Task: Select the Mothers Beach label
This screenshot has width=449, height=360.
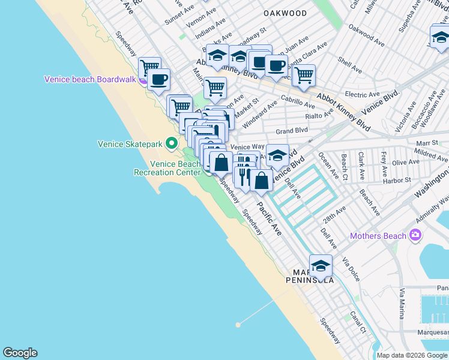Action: tap(378, 236)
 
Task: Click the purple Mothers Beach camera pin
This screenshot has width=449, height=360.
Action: tap(414, 235)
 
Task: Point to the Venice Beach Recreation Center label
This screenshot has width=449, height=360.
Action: tap(167, 168)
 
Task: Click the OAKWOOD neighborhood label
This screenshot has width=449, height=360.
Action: tap(285, 13)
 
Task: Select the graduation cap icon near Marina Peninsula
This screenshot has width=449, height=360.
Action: tap(321, 266)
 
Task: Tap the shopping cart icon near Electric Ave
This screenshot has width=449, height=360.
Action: tap(304, 74)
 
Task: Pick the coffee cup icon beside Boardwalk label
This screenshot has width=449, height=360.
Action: tap(159, 80)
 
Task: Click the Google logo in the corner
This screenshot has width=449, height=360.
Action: tap(20, 353)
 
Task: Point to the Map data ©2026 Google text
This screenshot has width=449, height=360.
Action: tap(412, 355)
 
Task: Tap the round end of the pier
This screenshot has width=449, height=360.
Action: tap(238, 325)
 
